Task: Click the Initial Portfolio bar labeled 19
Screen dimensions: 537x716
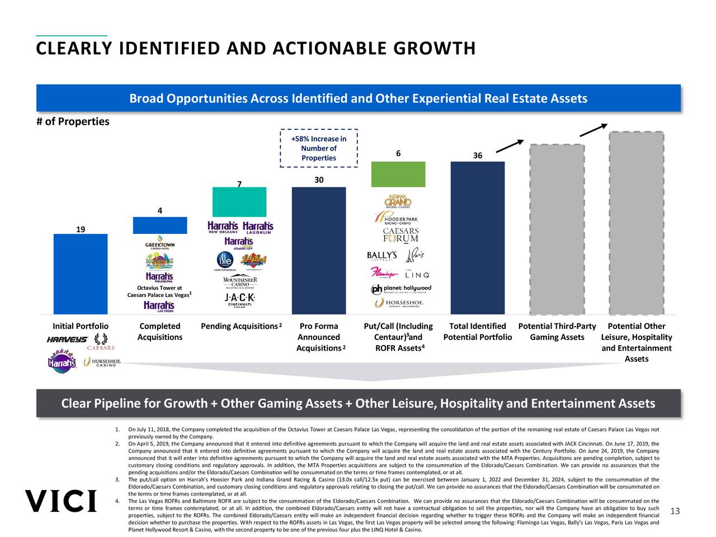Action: [x=80, y=274]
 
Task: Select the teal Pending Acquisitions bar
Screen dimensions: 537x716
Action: [x=239, y=201]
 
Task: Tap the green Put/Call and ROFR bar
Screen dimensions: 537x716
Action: [x=398, y=174]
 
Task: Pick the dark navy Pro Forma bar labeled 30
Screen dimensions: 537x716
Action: [x=319, y=251]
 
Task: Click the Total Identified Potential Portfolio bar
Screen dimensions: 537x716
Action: [x=477, y=238]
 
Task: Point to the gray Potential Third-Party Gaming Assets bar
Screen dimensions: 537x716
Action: [x=557, y=229]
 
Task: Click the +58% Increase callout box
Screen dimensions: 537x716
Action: [x=318, y=148]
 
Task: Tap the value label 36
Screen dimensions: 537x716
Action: [x=477, y=156]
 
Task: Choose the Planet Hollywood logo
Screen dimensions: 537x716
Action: [x=401, y=289]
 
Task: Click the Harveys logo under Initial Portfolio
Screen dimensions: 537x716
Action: [x=67, y=340]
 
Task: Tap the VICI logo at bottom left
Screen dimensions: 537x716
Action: [x=60, y=501]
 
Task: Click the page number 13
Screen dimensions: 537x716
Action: [x=675, y=511]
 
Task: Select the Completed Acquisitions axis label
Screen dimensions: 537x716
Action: [x=160, y=332]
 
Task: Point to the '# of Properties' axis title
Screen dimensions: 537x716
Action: [x=73, y=122]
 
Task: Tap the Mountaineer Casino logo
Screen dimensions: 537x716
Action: [x=239, y=281]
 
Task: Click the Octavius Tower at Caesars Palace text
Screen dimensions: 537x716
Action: [x=159, y=291]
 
